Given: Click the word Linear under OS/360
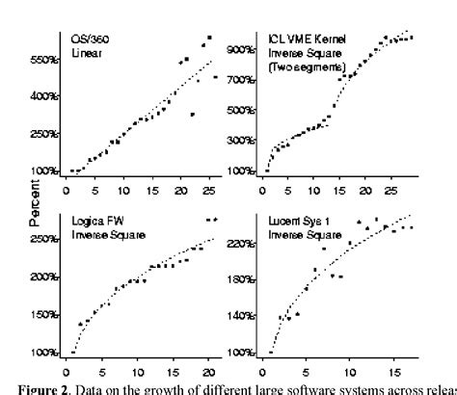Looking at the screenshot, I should coord(84,52).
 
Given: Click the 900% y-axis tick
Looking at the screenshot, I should coord(239,48).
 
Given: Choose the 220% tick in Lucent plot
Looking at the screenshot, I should coord(239,245).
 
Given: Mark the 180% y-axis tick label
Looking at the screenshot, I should coord(239,280).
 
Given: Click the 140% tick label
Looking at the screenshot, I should coord(239,316).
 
